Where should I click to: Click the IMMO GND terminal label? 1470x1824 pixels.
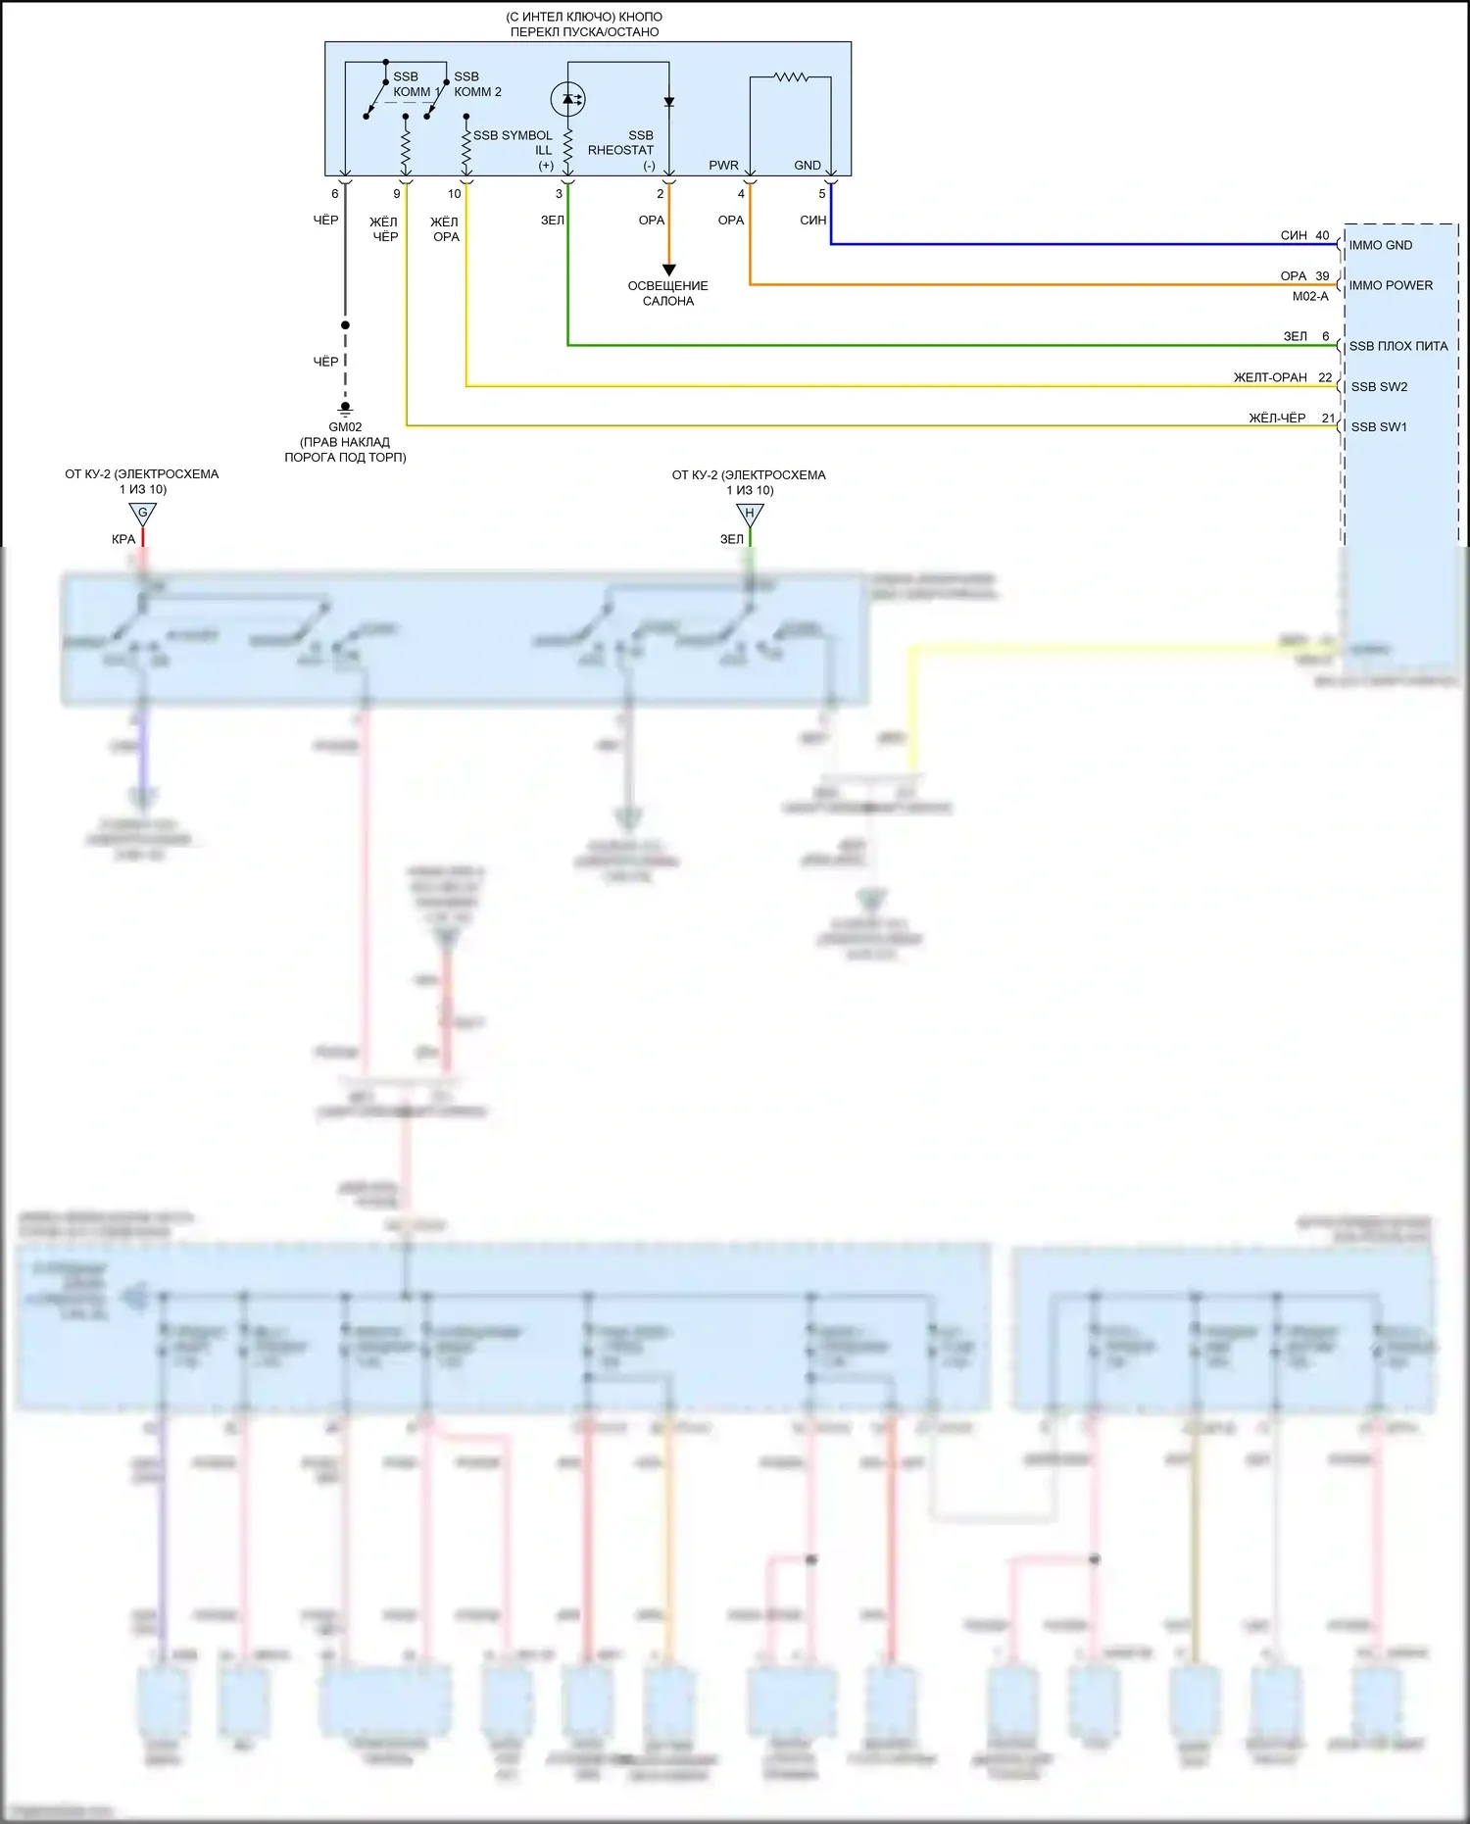pyautogui.click(x=1380, y=245)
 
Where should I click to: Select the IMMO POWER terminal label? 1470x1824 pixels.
pyautogui.click(x=1390, y=285)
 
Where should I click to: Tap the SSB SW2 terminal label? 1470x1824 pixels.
pyautogui.click(x=1379, y=387)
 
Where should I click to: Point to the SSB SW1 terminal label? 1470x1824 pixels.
pyautogui.click(x=1379, y=427)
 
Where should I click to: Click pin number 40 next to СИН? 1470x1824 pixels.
pyautogui.click(x=1322, y=235)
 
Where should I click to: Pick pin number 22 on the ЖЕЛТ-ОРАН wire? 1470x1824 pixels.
pyautogui.click(x=1325, y=377)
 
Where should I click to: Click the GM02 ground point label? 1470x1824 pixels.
pyautogui.click(x=345, y=427)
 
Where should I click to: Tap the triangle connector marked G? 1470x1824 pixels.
pyautogui.click(x=143, y=513)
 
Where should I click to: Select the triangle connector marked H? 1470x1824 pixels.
pyautogui.click(x=750, y=514)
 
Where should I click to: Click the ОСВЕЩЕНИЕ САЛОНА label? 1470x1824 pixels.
pyautogui.click(x=668, y=293)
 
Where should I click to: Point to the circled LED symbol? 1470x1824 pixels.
pyautogui.click(x=568, y=98)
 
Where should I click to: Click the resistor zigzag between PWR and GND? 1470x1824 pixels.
pyautogui.click(x=791, y=76)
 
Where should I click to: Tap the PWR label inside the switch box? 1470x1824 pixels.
pyautogui.click(x=723, y=166)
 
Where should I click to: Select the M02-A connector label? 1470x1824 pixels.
pyautogui.click(x=1310, y=296)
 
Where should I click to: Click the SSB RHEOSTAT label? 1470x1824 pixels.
pyautogui.click(x=621, y=143)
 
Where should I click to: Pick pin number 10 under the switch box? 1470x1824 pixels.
pyautogui.click(x=454, y=194)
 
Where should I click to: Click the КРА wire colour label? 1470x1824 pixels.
pyautogui.click(x=123, y=539)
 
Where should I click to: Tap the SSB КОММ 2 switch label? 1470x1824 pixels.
pyautogui.click(x=476, y=84)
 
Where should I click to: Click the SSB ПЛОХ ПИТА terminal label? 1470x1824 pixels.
pyautogui.click(x=1397, y=346)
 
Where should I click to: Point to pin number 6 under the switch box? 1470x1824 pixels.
pyautogui.click(x=335, y=194)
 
